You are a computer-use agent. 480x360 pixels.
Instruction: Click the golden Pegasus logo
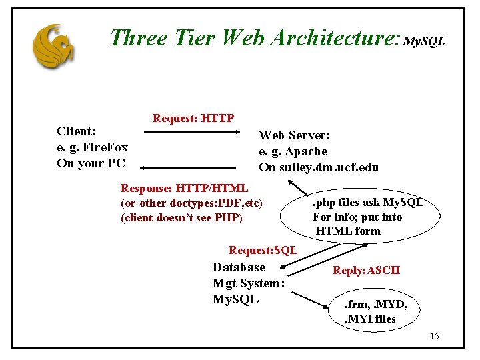[53, 46]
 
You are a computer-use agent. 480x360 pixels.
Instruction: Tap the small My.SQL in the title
[424, 42]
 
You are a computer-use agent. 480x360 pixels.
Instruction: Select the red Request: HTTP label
[193, 119]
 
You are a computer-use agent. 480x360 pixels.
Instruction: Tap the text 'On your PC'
[90, 163]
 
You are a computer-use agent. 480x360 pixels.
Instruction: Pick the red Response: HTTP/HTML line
[185, 188]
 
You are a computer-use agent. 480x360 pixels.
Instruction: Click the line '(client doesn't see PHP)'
[181, 217]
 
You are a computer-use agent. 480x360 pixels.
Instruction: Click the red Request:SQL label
[263, 250]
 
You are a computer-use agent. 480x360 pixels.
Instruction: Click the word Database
[239, 267]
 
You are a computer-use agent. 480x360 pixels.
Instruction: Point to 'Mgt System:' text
[249, 283]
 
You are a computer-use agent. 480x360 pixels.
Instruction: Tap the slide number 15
[434, 336]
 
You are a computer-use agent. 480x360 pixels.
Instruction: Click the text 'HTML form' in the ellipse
[348, 231]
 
